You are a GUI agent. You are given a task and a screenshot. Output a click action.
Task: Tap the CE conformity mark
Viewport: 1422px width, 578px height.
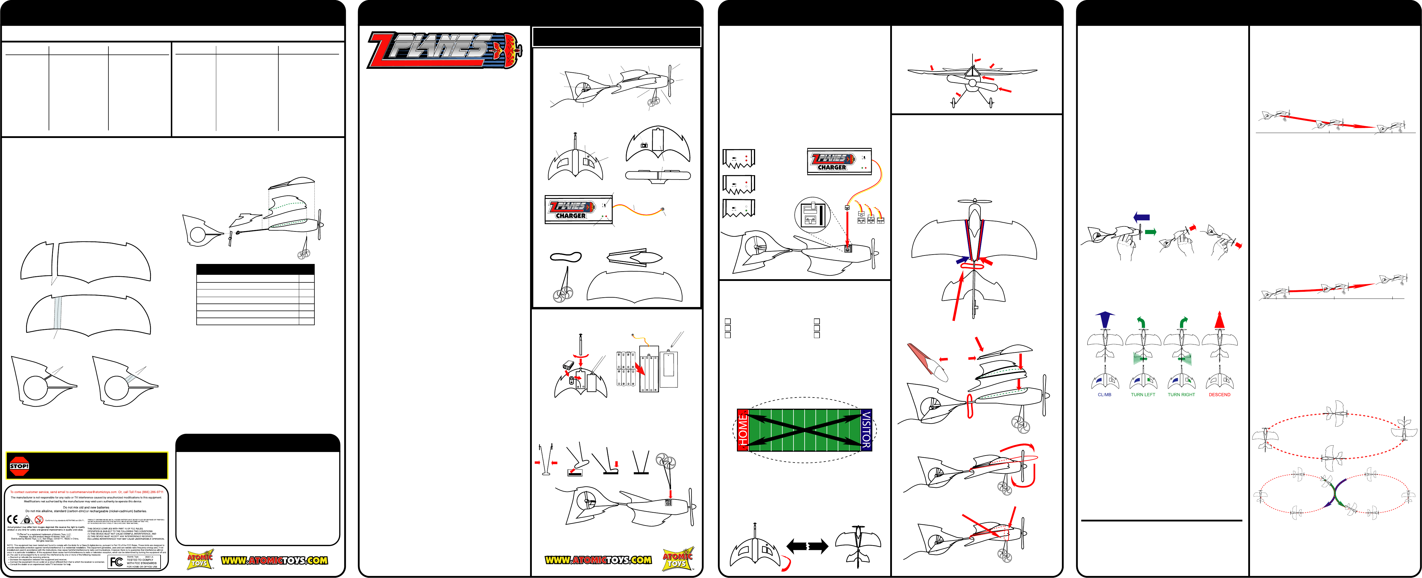coord(12,519)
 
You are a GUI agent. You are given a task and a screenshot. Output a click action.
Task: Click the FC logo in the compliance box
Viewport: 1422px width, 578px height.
coord(117,561)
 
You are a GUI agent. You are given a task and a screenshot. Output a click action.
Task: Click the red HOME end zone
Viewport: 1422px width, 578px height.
coord(743,430)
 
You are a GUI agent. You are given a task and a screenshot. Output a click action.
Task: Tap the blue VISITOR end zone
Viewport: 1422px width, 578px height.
coord(866,430)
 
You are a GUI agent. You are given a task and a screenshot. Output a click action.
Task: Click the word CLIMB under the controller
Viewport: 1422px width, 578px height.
coord(1105,395)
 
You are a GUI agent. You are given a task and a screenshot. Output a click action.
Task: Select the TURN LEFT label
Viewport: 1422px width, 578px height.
coord(1143,395)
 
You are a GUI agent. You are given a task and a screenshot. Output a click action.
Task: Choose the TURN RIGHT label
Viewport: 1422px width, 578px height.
coord(1181,395)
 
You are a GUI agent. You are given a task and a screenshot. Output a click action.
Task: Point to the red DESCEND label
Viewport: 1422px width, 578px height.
coord(1220,395)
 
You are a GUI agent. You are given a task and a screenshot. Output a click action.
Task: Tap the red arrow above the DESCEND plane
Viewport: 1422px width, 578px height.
coord(1220,320)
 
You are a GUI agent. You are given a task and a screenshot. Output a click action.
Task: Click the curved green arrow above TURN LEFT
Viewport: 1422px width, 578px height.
coord(1141,322)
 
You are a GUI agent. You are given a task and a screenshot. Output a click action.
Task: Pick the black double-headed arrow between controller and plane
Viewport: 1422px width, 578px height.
coord(807,547)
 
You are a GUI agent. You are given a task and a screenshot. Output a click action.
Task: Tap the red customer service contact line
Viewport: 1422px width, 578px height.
coord(87,492)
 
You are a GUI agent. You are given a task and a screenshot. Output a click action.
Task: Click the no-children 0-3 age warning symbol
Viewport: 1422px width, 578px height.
coord(39,519)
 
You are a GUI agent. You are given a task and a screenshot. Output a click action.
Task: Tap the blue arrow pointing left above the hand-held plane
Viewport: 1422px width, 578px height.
coord(1141,217)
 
